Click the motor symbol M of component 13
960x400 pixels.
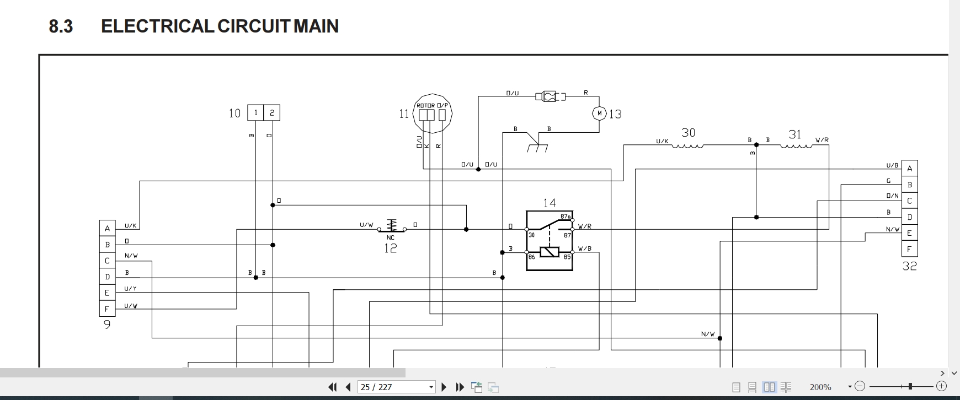pyautogui.click(x=599, y=113)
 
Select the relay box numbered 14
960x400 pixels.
pyautogui.click(x=550, y=241)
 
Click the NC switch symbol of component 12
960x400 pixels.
pyautogui.click(x=391, y=226)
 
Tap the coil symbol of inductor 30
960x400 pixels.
pyautogui.click(x=687, y=146)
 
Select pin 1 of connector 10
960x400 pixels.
pyautogui.click(x=255, y=113)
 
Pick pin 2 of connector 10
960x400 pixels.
pyautogui.click(x=272, y=113)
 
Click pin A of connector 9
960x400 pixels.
pyautogui.click(x=107, y=228)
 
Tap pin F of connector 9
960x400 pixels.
pyautogui.click(x=107, y=309)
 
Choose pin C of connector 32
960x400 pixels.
pyautogui.click(x=910, y=201)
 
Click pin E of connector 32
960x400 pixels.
pyautogui.click(x=910, y=233)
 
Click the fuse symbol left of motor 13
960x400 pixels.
pyautogui.click(x=550, y=96)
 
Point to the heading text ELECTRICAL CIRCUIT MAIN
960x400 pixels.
pyautogui.click(x=220, y=26)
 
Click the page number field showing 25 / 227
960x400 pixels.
pyautogui.click(x=396, y=387)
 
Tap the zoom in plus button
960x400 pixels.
pyautogui.click(x=941, y=387)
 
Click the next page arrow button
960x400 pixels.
pyautogui.click(x=444, y=387)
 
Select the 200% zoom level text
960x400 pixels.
pyautogui.click(x=820, y=387)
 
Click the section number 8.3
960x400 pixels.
pyautogui.click(x=61, y=26)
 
